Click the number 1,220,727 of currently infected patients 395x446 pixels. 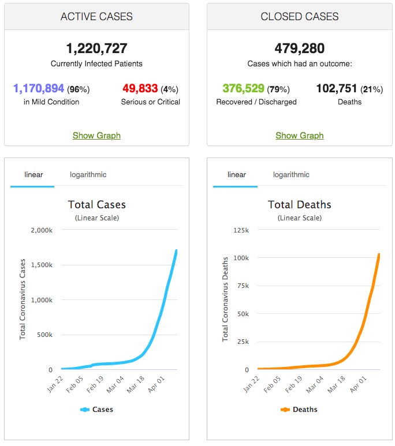(96, 48)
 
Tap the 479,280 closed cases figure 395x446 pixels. (299, 48)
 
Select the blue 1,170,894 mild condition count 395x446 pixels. (39, 89)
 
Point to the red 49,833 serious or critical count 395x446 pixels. (140, 89)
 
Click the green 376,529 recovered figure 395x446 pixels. (244, 89)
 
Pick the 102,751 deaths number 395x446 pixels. (337, 89)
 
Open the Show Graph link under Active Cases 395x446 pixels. (96, 136)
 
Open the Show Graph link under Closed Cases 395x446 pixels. (299, 136)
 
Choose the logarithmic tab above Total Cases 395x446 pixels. (88, 175)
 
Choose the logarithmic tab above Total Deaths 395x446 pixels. (291, 175)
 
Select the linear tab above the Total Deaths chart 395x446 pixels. (237, 175)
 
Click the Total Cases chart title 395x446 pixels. (96, 205)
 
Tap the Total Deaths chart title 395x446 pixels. (299, 205)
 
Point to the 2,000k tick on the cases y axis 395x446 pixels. (41, 230)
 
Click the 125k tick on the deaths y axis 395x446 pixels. (241, 230)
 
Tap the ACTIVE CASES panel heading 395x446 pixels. (96, 17)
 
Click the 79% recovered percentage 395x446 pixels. (278, 89)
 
